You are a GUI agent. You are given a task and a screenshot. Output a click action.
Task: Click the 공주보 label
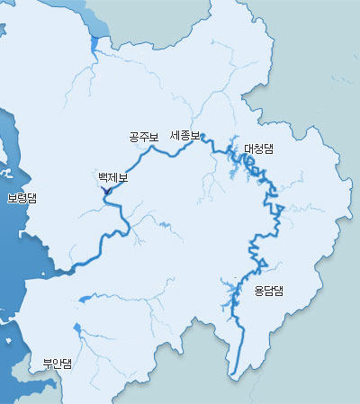(143, 138)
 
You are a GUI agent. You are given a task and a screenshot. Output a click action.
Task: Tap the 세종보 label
(184, 135)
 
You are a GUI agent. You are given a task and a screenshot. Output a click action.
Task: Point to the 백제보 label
(113, 178)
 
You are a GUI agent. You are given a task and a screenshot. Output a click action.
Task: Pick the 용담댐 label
(268, 290)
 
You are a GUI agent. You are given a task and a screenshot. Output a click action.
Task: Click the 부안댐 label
(57, 364)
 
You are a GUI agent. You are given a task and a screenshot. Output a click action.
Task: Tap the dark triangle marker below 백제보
(106, 191)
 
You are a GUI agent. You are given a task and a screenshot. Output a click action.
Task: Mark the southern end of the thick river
(232, 373)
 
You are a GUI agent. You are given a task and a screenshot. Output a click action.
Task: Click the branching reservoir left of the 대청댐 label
(241, 162)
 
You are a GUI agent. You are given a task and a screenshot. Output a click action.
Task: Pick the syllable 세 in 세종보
(175, 135)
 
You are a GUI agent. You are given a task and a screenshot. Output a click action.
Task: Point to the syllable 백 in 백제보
(103, 178)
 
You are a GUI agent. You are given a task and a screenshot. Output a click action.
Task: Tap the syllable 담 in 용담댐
(268, 290)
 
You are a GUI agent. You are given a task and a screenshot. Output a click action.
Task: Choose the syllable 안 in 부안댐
(57, 364)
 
